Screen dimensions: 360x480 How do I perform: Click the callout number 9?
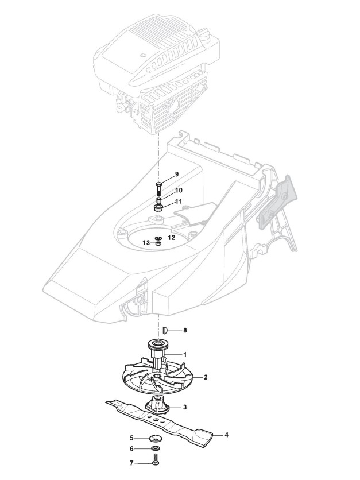tap(177, 174)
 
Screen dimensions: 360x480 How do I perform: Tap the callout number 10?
tap(179, 190)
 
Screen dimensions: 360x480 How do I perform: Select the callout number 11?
tap(179, 202)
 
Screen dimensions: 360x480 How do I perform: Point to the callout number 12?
tap(171, 237)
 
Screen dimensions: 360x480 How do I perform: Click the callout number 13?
tap(146, 243)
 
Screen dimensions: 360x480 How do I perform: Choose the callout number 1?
tap(185, 354)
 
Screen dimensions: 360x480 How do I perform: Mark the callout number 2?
tap(205, 377)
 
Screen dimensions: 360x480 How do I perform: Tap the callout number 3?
tap(185, 407)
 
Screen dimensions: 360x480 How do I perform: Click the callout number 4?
tap(226, 435)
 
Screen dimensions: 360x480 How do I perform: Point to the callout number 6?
tap(131, 449)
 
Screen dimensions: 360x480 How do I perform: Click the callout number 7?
tap(131, 462)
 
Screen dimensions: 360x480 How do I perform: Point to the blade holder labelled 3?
tap(157, 405)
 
